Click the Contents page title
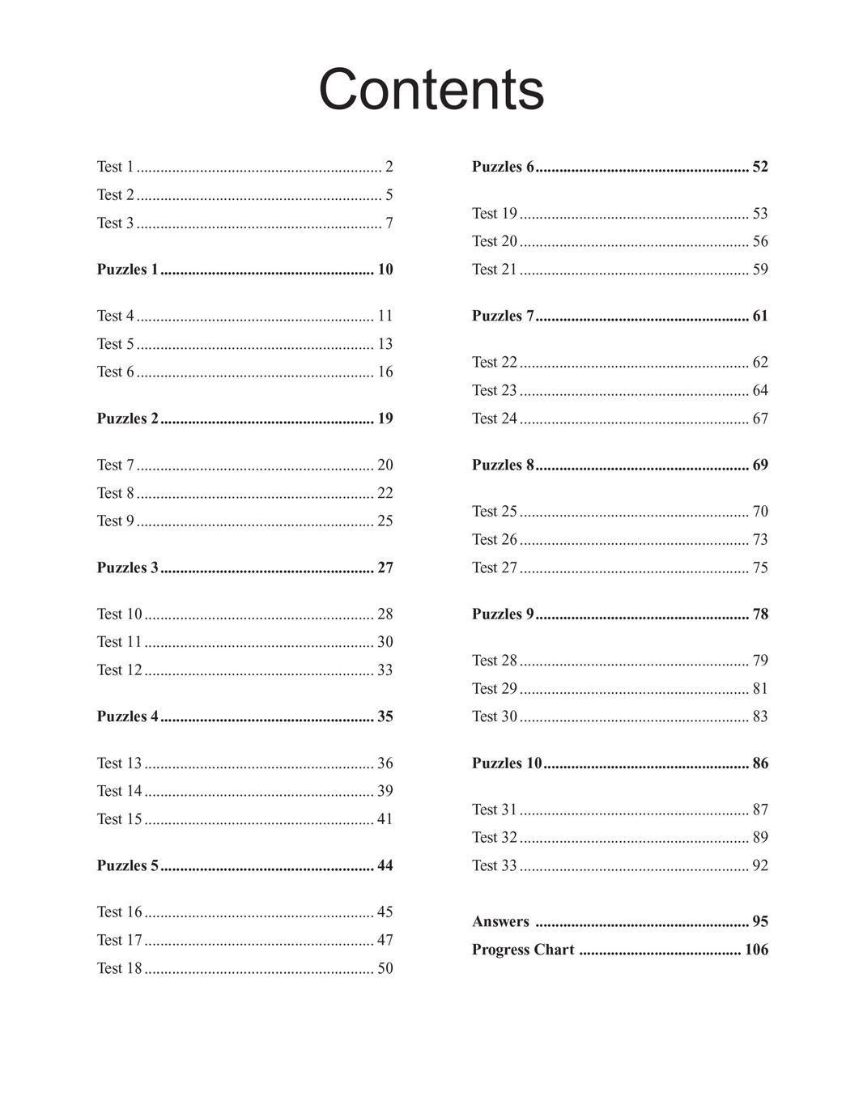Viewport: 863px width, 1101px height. pyautogui.click(x=431, y=89)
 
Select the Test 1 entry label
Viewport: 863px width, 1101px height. pyautogui.click(x=115, y=167)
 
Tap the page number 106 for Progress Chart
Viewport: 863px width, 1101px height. pyautogui.click(x=756, y=950)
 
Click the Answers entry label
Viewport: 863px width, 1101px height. pyautogui.click(x=500, y=921)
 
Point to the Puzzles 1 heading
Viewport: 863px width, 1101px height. pyautogui.click(x=127, y=270)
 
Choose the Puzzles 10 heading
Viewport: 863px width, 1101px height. pyautogui.click(x=507, y=763)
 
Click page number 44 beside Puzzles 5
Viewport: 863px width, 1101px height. pyautogui.click(x=385, y=865)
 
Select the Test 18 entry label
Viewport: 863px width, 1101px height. pyautogui.click(x=119, y=968)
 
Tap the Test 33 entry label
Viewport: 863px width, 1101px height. pyautogui.click(x=494, y=865)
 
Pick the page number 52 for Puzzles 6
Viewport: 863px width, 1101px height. pyautogui.click(x=760, y=167)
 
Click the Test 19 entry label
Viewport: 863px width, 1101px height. pyautogui.click(x=494, y=214)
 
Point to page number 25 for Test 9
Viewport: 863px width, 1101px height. pyautogui.click(x=385, y=521)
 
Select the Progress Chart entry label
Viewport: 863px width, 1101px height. pyautogui.click(x=523, y=950)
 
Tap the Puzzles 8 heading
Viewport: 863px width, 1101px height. pyautogui.click(x=503, y=465)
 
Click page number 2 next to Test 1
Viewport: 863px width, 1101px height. pyautogui.click(x=389, y=167)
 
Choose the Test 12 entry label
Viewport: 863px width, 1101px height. pyautogui.click(x=119, y=670)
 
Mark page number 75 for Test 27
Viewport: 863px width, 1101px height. pyautogui.click(x=760, y=568)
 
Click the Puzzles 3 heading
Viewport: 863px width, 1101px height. pyautogui.click(x=127, y=568)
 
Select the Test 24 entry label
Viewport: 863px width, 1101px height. pyautogui.click(x=494, y=419)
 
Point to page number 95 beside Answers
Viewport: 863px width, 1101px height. pyautogui.click(x=760, y=921)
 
